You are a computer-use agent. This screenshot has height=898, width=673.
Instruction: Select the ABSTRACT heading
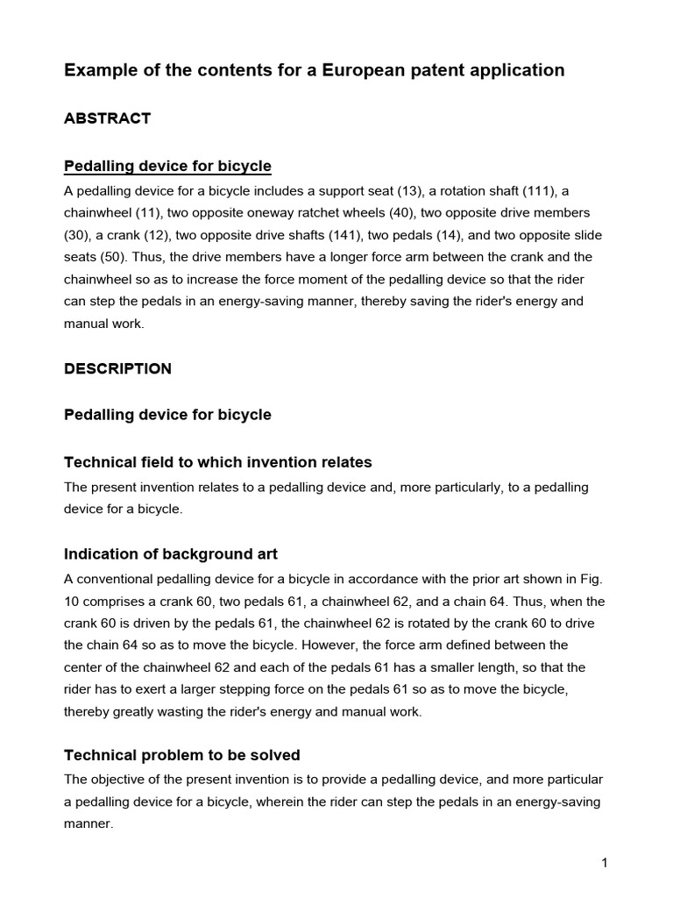pyautogui.click(x=107, y=118)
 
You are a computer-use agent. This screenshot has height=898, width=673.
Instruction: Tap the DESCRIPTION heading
pyautogui.click(x=117, y=368)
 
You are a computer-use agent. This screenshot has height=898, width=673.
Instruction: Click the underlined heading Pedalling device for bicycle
pyautogui.click(x=167, y=166)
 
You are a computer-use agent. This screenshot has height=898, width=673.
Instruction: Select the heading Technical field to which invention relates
pyautogui.click(x=218, y=462)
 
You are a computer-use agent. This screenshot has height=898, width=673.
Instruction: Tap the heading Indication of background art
pyautogui.click(x=171, y=554)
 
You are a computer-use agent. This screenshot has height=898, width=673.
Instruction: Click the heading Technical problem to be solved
pyautogui.click(x=182, y=755)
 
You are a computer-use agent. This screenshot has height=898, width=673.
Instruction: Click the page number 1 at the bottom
pyautogui.click(x=605, y=863)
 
